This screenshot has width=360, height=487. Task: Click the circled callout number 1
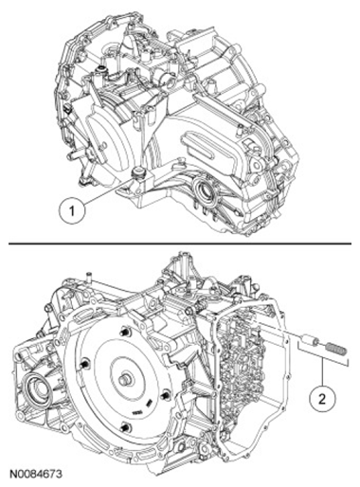[x=72, y=210]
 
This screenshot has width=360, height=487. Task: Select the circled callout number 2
[x=322, y=399]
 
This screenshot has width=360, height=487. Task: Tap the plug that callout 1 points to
[x=137, y=173]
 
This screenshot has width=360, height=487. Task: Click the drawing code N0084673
[x=35, y=474]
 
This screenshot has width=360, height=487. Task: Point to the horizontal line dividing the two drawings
[x=180, y=243]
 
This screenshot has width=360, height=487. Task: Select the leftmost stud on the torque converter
[x=83, y=365]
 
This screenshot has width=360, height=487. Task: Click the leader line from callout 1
[x=108, y=190]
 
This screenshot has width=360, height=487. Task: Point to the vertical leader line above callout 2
[x=322, y=372]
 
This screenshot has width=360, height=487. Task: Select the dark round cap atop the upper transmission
[x=101, y=69]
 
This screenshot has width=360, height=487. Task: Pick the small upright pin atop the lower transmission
[x=89, y=275]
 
